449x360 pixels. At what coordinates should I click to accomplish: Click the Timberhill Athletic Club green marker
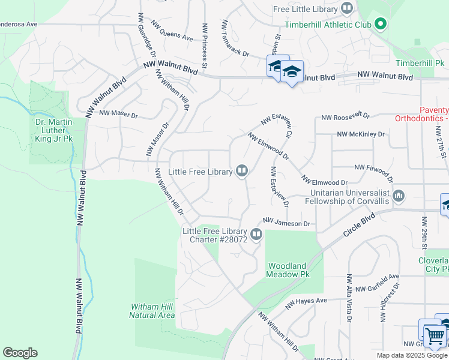379,25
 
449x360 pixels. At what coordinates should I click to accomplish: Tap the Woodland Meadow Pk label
288,269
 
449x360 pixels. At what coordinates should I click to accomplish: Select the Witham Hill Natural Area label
152,311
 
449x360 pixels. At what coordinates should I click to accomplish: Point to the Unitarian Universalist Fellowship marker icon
399,195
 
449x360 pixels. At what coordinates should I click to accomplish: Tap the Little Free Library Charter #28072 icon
256,234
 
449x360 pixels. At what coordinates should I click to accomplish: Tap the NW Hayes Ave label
306,304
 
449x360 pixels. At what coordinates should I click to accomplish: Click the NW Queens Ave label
172,34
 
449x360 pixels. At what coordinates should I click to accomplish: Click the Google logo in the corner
20,353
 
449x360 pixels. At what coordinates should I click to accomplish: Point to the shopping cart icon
433,335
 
